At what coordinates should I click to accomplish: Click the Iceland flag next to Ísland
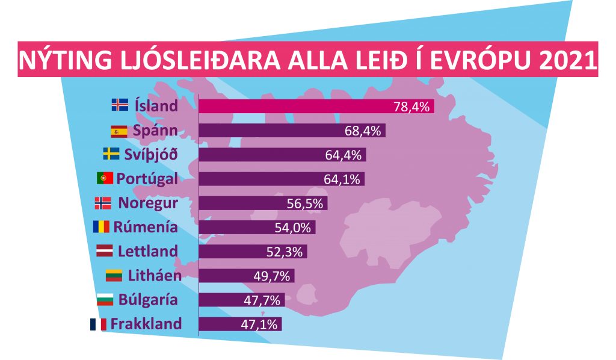point(120,105)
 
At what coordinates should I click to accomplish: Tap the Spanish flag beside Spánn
point(119,131)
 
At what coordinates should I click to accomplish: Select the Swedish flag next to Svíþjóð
point(111,154)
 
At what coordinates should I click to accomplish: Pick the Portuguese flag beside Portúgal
point(105,178)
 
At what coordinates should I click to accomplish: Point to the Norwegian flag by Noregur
point(103,203)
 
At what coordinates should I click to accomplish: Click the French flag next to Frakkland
point(97,324)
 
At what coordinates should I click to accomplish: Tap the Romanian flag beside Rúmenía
point(100,227)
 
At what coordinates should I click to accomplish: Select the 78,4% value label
point(411,107)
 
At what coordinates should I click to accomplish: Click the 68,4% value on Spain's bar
point(363,131)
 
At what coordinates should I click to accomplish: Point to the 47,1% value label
point(259,324)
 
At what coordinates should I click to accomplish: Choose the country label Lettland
point(148,251)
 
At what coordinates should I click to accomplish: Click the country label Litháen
point(155,275)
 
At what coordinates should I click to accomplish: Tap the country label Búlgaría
point(148,299)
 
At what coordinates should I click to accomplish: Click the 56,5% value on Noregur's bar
point(305,203)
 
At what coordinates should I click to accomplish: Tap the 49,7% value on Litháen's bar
point(272,276)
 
